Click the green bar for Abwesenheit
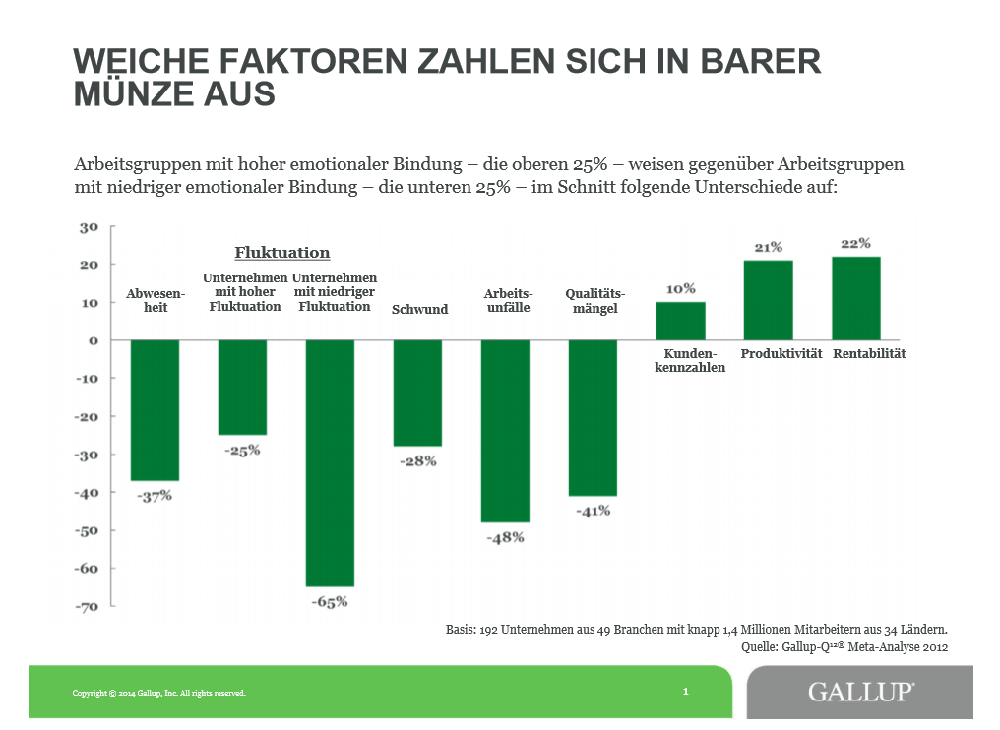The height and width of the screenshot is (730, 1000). tap(155, 410)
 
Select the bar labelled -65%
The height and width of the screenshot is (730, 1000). tap(330, 462)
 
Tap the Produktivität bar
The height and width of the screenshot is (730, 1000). tap(768, 300)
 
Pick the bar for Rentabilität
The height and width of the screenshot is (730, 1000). tap(855, 298)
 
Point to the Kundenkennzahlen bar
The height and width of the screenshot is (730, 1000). tap(681, 321)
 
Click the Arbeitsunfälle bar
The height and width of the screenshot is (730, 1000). tap(505, 431)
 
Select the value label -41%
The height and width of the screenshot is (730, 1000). tap(594, 511)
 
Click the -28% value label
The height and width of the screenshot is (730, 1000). tap(418, 460)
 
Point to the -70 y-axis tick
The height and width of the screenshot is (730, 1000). tap(88, 607)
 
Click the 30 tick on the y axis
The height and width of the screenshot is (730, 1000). tap(90, 227)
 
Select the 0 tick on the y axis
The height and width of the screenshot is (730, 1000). tap(94, 340)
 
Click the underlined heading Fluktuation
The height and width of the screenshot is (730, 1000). tap(281, 254)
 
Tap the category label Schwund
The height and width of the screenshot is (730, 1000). tap(419, 309)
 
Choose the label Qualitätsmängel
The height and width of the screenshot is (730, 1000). tap(594, 301)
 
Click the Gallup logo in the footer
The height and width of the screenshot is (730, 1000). tap(860, 692)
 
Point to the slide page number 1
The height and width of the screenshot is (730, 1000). tap(685, 692)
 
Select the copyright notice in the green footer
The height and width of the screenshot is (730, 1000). tap(158, 693)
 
